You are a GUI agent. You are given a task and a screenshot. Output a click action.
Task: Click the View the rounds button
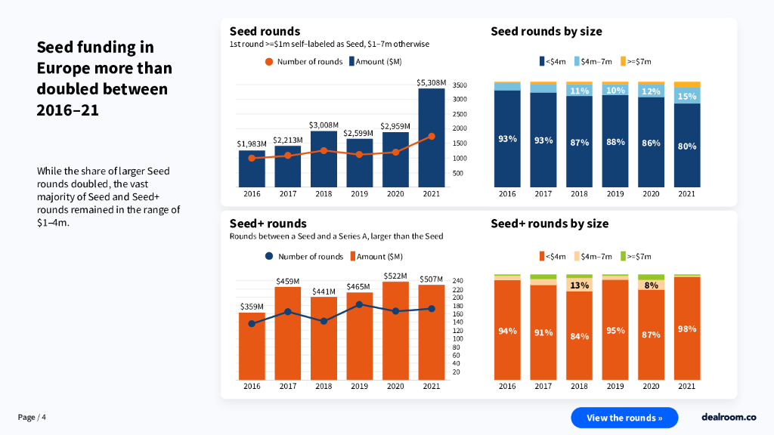pos(624,418)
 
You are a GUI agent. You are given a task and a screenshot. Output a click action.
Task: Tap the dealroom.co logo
pos(729,417)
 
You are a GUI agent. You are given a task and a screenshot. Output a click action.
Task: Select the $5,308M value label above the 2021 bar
pos(432,82)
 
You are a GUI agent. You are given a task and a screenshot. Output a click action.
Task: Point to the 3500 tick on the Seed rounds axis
pos(460,85)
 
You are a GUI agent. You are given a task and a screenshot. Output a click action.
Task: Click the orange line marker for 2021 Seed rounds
pos(432,137)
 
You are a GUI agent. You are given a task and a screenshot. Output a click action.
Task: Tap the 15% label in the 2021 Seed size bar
pos(686,96)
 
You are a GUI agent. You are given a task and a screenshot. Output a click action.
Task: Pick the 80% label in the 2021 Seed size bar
pos(686,146)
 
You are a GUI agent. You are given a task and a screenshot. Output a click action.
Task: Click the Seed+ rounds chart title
pos(268,224)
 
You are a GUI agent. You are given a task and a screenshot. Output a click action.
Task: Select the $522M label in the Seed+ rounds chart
pos(395,276)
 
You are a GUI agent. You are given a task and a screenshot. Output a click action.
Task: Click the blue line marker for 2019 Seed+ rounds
pos(359,304)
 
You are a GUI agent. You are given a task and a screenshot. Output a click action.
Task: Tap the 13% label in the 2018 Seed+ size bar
pos(579,285)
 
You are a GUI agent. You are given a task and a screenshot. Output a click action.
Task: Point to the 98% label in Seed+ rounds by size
pos(686,329)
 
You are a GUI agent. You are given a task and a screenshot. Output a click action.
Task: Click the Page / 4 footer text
pos(32,418)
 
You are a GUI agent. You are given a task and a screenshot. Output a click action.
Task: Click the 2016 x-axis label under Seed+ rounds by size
pos(507,387)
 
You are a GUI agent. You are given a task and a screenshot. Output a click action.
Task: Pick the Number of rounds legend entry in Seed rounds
pos(304,61)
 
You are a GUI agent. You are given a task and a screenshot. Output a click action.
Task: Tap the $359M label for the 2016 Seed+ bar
pos(252,307)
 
